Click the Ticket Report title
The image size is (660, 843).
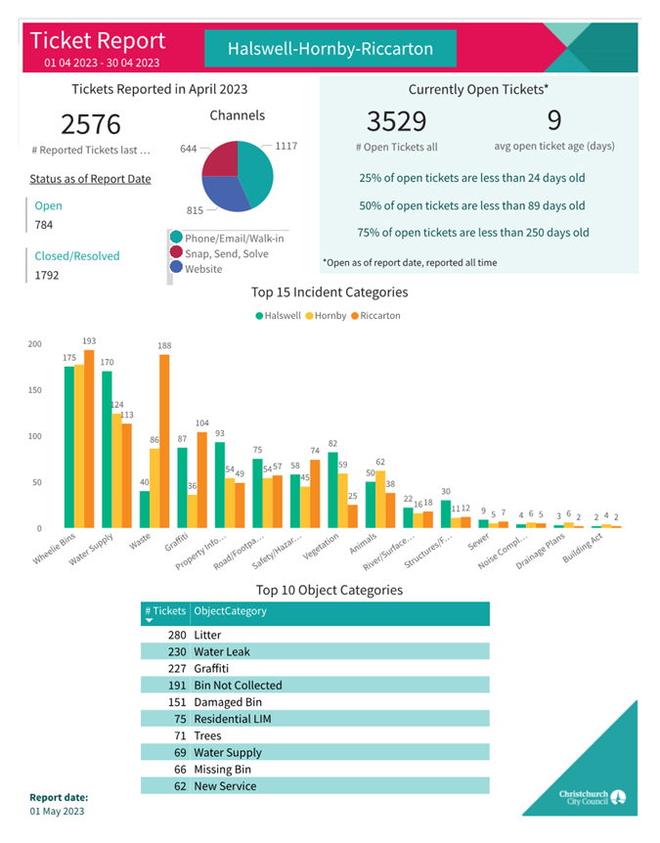[98, 41]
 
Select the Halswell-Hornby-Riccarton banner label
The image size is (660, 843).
[330, 48]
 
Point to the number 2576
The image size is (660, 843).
[91, 124]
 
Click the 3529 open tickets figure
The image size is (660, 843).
[396, 121]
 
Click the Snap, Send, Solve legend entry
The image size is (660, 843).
[226, 252]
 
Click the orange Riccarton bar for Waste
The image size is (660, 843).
[163, 440]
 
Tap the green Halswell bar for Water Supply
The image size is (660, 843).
[107, 449]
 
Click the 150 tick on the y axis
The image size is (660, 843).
[34, 390]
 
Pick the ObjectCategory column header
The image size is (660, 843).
[231, 611]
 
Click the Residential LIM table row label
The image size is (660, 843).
[233, 719]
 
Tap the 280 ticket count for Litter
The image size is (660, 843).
[176, 636]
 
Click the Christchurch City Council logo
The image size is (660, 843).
[593, 797]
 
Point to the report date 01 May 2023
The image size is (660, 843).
[58, 812]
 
